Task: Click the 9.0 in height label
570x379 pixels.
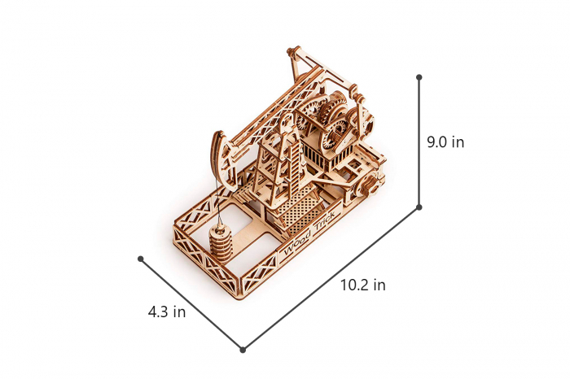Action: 445,142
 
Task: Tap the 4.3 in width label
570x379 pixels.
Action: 167,311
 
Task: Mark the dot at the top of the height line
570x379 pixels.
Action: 419,77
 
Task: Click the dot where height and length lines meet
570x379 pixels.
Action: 419,207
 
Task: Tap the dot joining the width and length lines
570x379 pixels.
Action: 243,350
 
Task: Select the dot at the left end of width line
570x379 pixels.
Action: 141,259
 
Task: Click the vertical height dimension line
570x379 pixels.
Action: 419,142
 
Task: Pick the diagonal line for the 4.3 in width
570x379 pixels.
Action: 191,304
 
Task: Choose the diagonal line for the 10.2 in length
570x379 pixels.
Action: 331,278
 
